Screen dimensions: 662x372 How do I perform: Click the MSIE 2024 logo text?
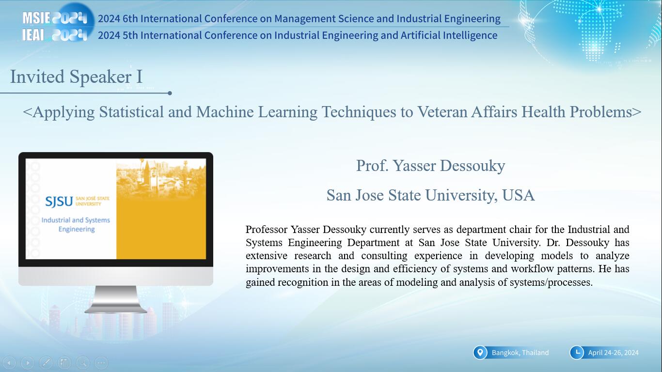click(55, 18)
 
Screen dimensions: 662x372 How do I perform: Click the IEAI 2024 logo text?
click(55, 35)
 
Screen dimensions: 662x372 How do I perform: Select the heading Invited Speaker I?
click(76, 77)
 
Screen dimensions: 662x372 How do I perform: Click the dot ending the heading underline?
click(170, 93)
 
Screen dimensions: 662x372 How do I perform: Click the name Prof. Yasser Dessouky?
click(431, 166)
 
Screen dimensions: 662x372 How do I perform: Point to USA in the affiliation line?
click(519, 195)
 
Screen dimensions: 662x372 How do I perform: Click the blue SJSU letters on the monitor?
click(59, 201)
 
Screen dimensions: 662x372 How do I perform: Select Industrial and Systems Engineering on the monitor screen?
click(76, 225)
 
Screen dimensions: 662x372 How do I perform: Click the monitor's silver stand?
click(116, 299)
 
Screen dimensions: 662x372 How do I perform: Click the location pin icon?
click(480, 353)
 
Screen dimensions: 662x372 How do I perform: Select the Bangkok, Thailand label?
click(520, 353)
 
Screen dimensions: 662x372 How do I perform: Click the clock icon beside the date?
click(577, 353)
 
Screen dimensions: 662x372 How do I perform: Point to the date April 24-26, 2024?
click(613, 353)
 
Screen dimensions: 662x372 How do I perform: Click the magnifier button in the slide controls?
click(83, 362)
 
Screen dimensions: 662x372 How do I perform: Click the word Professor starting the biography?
click(267, 230)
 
